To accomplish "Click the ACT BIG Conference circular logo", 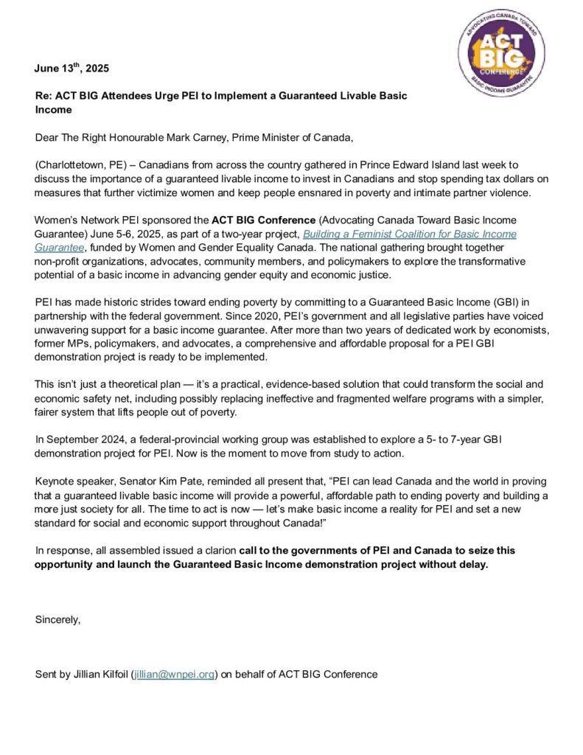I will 500,55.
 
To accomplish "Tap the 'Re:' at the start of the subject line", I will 44,97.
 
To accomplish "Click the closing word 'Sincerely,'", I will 57,619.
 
